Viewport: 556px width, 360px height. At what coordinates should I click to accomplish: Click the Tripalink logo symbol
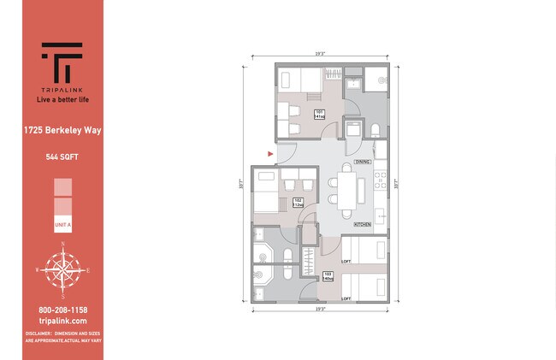(x=62, y=62)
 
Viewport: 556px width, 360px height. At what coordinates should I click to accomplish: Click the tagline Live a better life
(x=62, y=99)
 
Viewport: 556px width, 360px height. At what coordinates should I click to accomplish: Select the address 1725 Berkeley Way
(x=62, y=131)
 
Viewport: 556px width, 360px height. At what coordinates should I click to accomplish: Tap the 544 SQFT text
(x=62, y=156)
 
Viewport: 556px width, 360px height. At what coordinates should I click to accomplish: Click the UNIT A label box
(x=62, y=225)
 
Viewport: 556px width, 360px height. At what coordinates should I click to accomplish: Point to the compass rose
(x=62, y=269)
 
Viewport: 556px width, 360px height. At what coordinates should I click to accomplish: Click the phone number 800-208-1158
(x=62, y=310)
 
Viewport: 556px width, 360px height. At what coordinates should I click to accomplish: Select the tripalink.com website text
(x=62, y=320)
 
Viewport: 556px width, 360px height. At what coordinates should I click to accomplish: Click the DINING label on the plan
(x=362, y=162)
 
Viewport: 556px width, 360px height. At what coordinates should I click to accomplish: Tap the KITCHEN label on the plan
(x=362, y=224)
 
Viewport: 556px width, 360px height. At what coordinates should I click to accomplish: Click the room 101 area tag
(x=319, y=115)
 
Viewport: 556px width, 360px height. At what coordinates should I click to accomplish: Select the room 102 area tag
(x=299, y=202)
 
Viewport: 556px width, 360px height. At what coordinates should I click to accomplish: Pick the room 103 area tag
(x=328, y=275)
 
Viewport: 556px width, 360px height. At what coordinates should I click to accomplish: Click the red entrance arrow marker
(x=270, y=154)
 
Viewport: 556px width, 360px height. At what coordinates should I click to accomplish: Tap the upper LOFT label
(x=346, y=262)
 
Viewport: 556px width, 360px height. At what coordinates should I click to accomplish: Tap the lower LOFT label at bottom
(x=346, y=298)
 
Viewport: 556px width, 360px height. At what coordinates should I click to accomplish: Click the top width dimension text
(x=320, y=54)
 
